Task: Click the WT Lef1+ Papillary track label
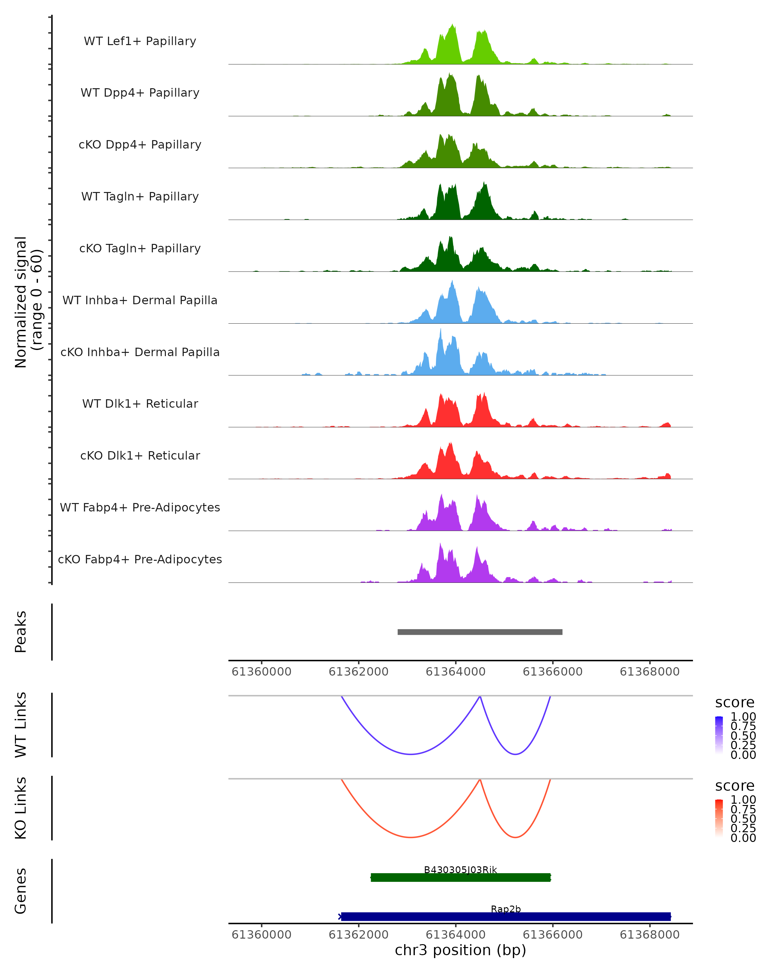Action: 140,42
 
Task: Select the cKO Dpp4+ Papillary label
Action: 140,145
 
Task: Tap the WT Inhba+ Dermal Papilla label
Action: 140,301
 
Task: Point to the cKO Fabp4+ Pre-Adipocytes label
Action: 140,559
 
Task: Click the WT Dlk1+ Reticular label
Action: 140,404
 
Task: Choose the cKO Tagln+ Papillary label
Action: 140,249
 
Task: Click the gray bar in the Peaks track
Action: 480,632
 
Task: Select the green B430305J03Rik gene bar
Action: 461,878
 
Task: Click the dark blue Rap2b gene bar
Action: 506,917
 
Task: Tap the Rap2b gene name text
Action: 506,909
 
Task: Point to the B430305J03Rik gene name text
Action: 460,870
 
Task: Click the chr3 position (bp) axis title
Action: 460,950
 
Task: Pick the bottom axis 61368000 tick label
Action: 649,935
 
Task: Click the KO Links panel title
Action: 21,808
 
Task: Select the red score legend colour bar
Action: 719,818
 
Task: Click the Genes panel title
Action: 21,891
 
